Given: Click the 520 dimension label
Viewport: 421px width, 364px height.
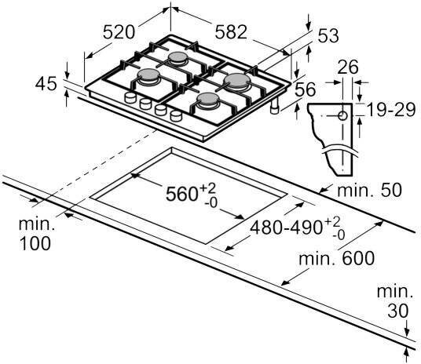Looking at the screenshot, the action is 119,32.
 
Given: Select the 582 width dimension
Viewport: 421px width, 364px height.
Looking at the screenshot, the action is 231,32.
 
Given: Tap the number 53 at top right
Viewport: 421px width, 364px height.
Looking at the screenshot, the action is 328,35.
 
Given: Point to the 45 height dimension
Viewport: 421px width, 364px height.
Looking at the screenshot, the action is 46,84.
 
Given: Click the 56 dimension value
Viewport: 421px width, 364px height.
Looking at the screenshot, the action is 306,89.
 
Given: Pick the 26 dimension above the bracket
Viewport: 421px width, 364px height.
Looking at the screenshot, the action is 348,67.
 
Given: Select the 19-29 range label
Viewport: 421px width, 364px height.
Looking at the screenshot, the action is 391,110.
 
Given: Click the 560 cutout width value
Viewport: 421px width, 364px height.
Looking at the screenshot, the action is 181,194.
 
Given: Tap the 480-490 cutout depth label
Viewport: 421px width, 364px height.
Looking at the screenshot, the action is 286,227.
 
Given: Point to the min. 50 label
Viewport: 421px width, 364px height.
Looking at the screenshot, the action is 369,190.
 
